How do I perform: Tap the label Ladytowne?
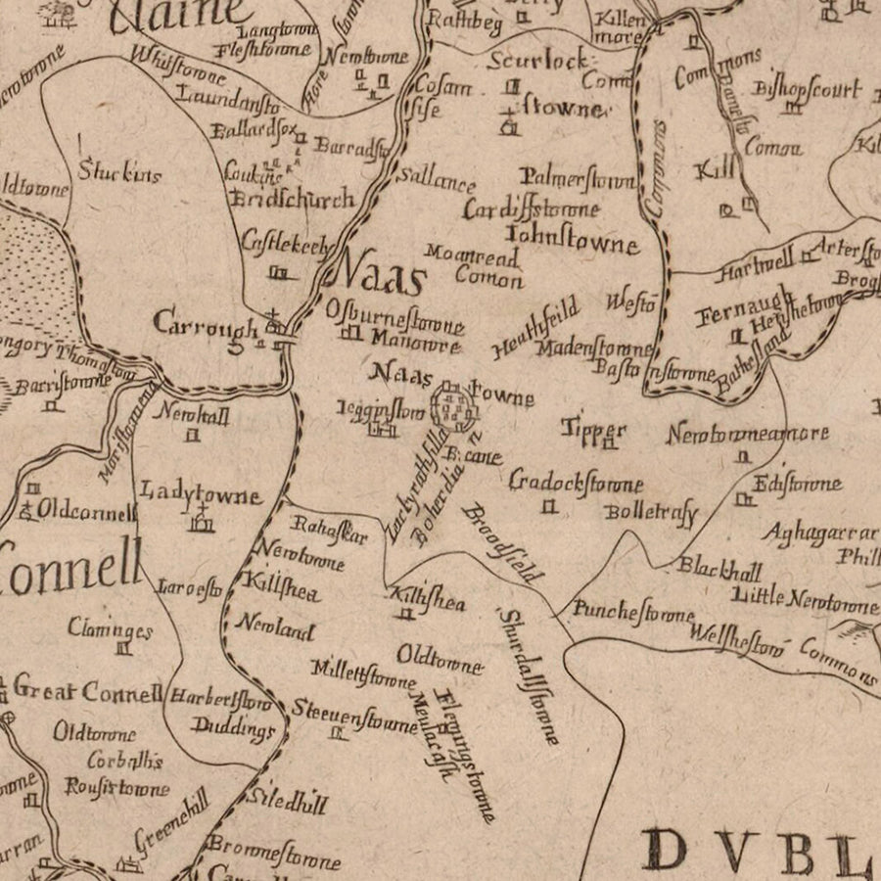tap(201, 492)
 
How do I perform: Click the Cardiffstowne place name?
tap(532, 209)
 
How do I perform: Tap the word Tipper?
tap(593, 428)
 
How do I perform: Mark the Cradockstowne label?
tap(576, 483)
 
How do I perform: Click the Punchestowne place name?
tap(632, 614)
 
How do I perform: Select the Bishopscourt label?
tap(808, 90)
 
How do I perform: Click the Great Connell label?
tap(87, 692)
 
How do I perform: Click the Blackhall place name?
tap(719, 568)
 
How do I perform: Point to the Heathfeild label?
tap(536, 330)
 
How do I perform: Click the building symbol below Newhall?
tap(193, 437)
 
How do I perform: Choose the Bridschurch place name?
tap(291, 200)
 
